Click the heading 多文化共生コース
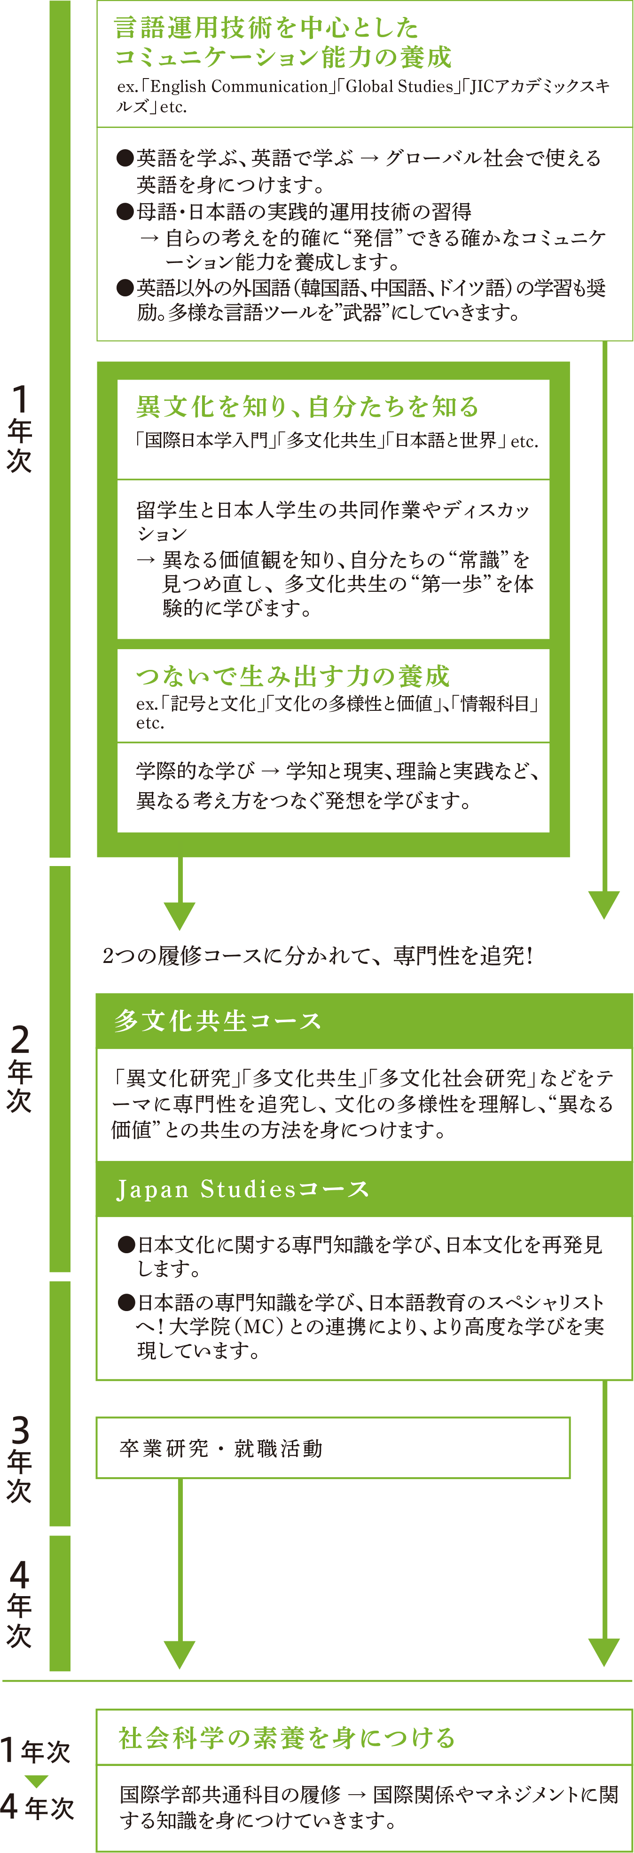[218, 1021]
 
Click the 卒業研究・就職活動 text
[221, 1448]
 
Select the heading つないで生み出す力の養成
[293, 676]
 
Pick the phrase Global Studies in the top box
[399, 86]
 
